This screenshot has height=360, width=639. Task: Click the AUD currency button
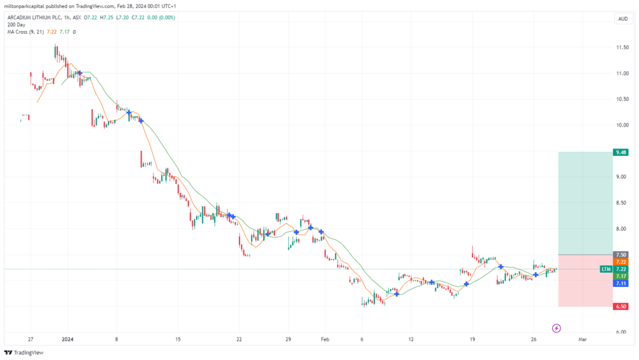623,19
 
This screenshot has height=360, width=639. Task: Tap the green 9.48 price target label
621,152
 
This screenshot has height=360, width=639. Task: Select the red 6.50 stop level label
621,306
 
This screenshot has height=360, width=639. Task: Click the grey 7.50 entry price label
621,255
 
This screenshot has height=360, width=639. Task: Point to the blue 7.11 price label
621,283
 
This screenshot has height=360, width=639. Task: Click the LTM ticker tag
606,269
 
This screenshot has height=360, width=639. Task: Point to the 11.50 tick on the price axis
622,47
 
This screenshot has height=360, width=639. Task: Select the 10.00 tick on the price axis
622,125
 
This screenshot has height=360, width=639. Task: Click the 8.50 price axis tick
622,203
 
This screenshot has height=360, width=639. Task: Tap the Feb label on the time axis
324,339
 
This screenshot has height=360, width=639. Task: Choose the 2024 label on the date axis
67,339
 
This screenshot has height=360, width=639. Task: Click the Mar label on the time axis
583,339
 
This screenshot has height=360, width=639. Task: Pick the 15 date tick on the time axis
178,339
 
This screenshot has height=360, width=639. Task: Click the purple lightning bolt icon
556,328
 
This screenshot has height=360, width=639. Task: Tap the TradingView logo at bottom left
24,353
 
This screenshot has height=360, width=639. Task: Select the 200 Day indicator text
16,25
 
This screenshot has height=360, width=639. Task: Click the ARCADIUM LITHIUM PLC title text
35,18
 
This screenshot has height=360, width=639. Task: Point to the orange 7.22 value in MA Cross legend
52,32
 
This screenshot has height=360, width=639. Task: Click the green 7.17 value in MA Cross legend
64,32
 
